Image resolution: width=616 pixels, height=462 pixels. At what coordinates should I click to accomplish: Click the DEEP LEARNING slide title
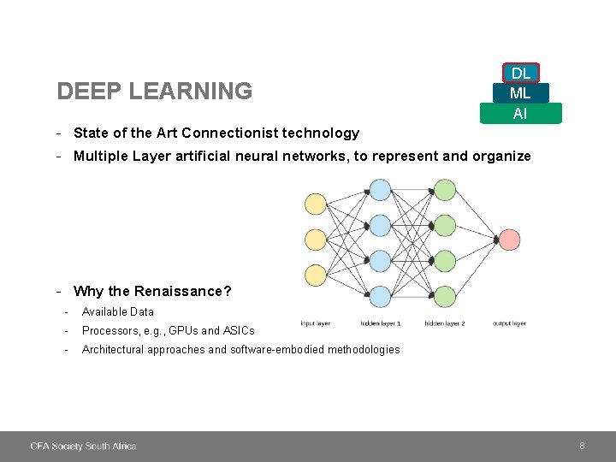coord(154,91)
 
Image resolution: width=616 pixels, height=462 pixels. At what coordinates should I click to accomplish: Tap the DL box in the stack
coord(520,74)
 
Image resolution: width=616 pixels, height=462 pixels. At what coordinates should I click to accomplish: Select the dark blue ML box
coord(520,93)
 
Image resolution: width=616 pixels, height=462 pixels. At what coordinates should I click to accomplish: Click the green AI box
coord(520,113)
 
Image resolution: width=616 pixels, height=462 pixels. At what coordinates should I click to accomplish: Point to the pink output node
coord(509,240)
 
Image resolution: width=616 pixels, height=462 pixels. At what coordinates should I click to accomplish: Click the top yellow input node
coord(316,203)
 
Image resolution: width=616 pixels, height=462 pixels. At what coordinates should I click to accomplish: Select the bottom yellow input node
coord(316,275)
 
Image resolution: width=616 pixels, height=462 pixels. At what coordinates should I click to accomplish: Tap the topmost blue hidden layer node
coord(380,190)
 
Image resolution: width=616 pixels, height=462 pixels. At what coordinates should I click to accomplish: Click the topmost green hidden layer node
coord(444,190)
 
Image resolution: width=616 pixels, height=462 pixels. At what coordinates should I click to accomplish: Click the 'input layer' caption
coord(315,323)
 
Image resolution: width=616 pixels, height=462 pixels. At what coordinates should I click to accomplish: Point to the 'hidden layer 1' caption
coord(380,323)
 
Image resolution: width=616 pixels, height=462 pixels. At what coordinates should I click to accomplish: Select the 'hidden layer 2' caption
coord(444,323)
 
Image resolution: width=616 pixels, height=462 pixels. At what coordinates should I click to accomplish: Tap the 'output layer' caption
coord(509,323)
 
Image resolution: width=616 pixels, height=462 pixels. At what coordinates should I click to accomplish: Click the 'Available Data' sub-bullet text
coord(118,311)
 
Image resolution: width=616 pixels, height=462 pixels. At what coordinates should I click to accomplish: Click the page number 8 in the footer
coord(582,446)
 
